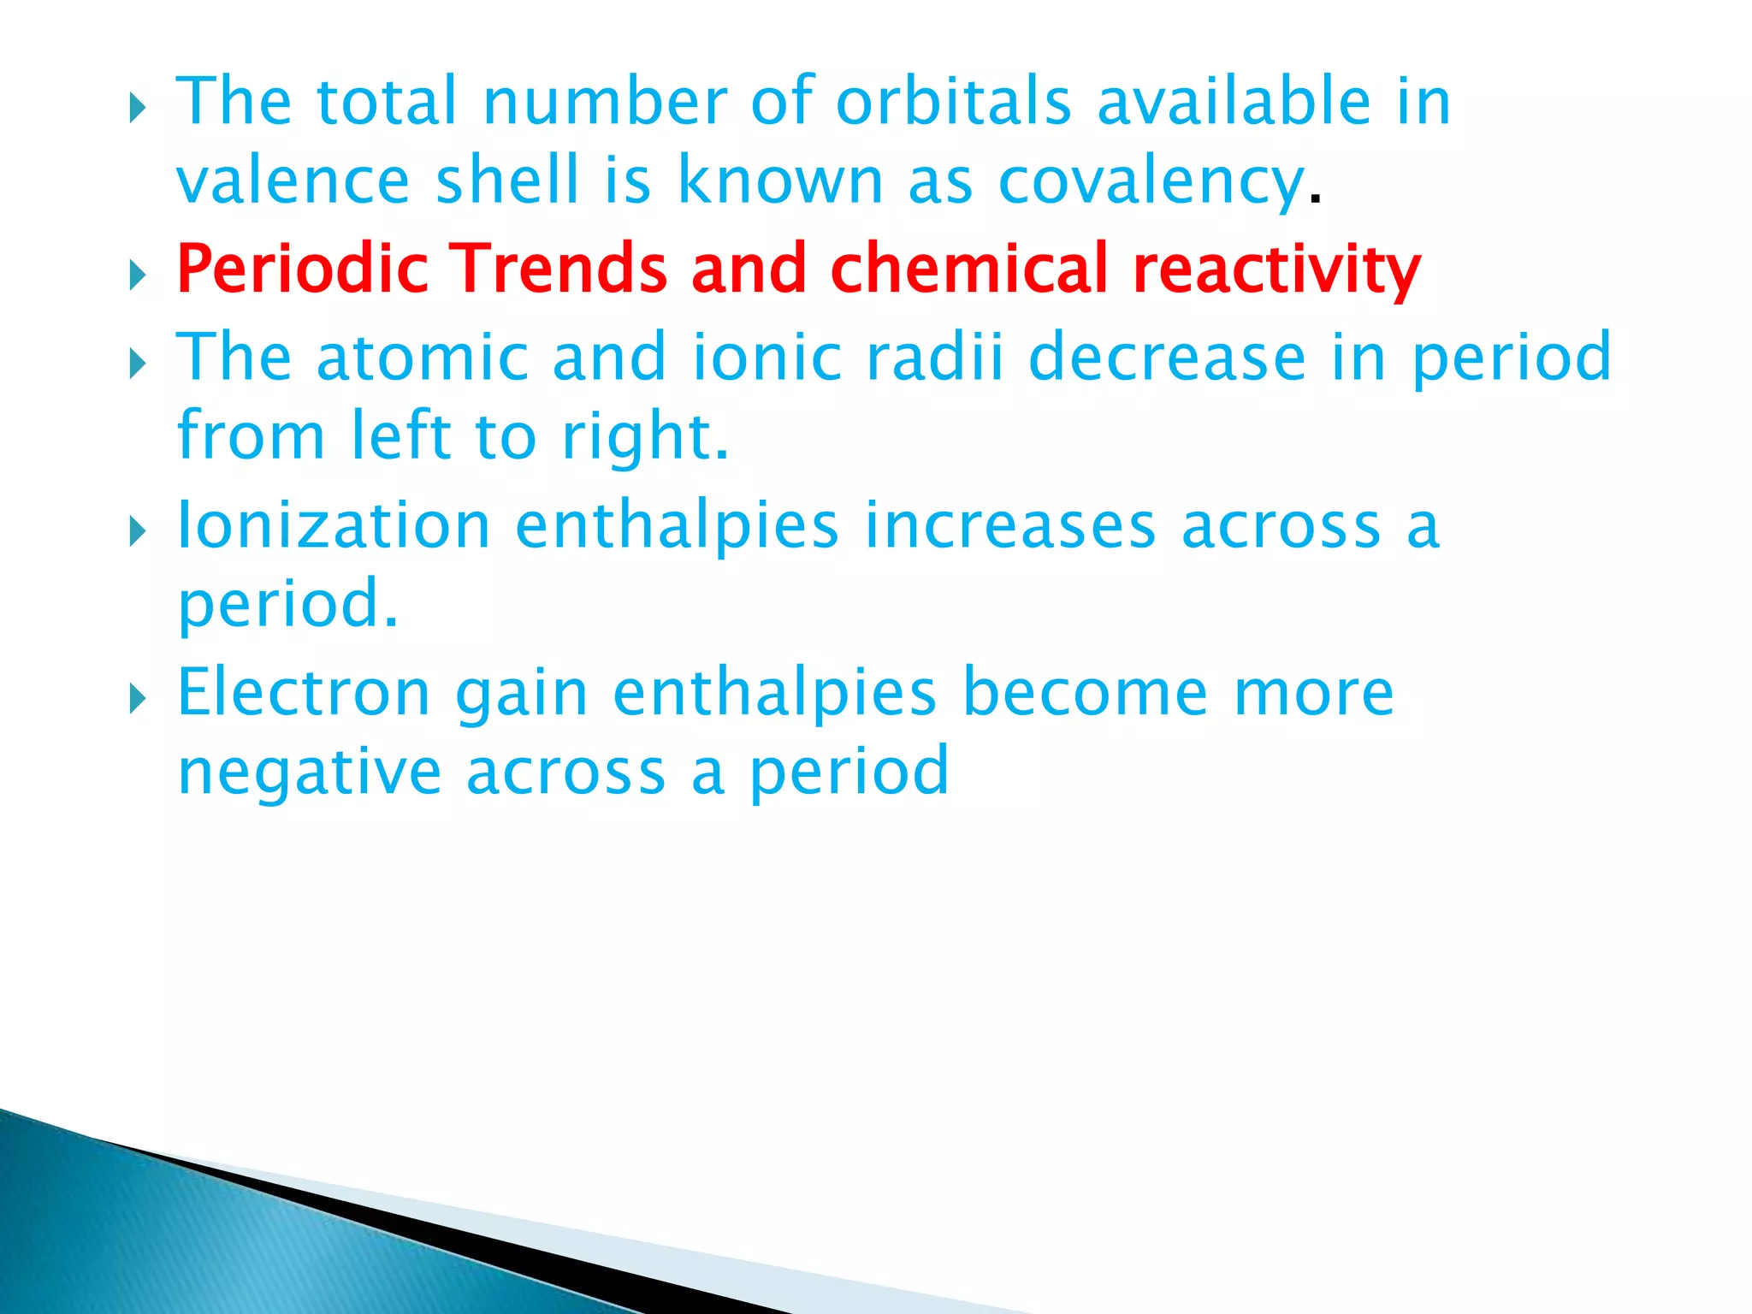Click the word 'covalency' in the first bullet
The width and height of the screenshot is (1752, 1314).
(x=1151, y=183)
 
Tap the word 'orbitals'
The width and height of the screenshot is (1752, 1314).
(x=953, y=102)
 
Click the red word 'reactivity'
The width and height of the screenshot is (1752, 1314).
(x=1276, y=270)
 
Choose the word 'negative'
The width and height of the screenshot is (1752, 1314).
(x=310, y=772)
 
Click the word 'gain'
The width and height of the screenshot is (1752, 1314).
(x=521, y=695)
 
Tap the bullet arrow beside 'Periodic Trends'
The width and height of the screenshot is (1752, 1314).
(x=138, y=275)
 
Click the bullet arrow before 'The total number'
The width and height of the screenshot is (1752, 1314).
(x=138, y=109)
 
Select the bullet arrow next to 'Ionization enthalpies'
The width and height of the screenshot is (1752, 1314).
(x=138, y=532)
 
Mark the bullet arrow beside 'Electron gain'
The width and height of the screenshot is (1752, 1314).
(x=138, y=699)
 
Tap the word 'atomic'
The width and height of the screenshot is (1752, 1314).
(x=423, y=357)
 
